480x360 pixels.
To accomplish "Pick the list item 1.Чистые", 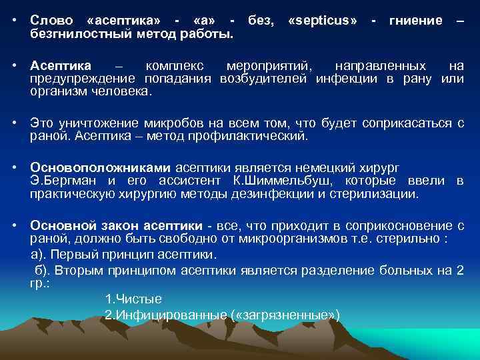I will [x=133, y=299].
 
